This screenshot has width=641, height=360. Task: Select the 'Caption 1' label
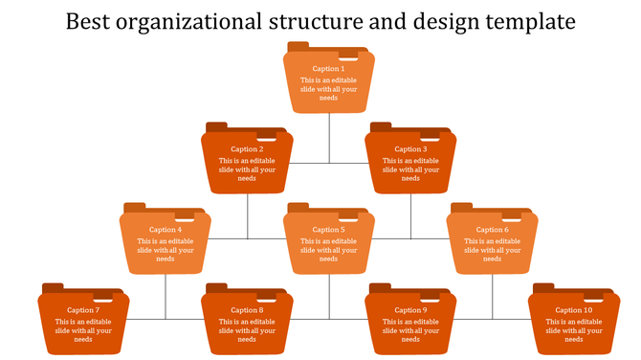tap(328, 69)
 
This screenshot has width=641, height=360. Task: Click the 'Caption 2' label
tap(247, 149)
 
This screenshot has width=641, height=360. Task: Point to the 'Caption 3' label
tap(409, 149)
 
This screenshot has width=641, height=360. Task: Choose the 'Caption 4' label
tap(166, 230)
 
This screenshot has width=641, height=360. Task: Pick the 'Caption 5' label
tap(328, 230)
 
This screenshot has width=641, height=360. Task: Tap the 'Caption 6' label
tap(492, 230)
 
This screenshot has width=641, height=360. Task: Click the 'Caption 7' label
tap(83, 310)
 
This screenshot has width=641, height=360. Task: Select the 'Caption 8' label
tap(247, 310)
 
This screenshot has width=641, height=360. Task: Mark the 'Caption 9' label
tap(410, 310)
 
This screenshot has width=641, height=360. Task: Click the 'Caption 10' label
tap(574, 310)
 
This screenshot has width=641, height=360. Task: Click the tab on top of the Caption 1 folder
tap(298, 47)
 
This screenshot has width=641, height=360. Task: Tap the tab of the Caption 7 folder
tap(53, 288)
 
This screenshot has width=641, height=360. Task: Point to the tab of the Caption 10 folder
tap(543, 288)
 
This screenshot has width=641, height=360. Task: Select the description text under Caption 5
tap(328, 250)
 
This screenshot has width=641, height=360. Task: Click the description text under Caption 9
tap(410, 330)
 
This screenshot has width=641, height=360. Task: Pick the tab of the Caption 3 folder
tap(381, 127)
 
